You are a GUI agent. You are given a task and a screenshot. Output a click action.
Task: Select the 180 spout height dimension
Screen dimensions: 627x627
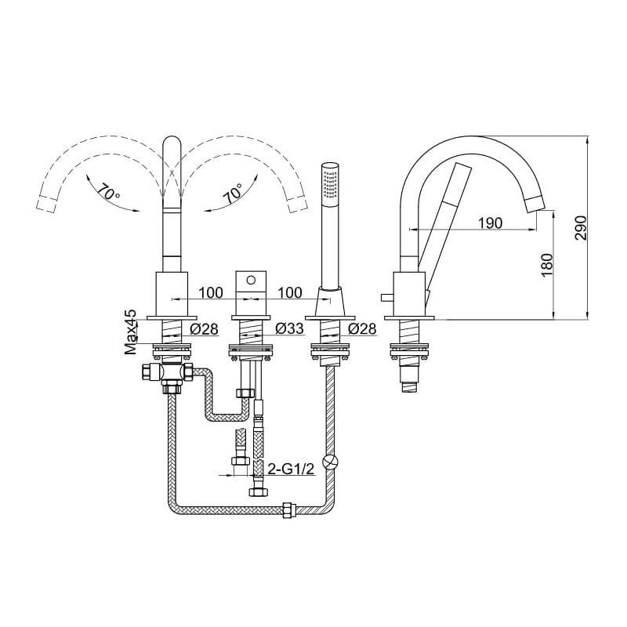click(x=546, y=264)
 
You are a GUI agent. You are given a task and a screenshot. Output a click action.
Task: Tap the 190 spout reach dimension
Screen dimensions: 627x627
click(x=491, y=223)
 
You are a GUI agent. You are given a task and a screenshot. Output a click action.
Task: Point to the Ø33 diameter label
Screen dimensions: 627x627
click(x=290, y=328)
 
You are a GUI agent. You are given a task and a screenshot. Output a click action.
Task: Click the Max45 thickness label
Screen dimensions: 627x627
click(x=131, y=332)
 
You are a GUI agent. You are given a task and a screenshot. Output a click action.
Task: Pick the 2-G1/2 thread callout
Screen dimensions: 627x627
click(x=291, y=469)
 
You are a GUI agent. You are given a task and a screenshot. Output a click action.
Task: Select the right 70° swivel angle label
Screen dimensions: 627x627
click(x=234, y=192)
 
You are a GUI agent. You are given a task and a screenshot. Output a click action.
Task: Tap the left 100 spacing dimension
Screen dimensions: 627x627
click(x=211, y=292)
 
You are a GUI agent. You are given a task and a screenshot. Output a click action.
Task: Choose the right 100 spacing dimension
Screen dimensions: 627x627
click(x=290, y=292)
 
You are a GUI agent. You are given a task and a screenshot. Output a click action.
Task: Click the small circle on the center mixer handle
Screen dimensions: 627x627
click(x=251, y=280)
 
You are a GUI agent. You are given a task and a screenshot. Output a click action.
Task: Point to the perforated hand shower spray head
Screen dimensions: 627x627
click(x=331, y=182)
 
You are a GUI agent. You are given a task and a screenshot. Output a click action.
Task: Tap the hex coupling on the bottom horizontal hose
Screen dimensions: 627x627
click(x=288, y=511)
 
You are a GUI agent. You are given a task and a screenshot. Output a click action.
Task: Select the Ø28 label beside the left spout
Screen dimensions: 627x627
click(x=205, y=328)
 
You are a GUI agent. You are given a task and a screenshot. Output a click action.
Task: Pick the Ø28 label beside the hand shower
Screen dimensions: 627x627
click(x=362, y=328)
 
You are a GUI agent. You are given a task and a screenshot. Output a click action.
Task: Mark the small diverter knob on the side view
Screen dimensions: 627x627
click(x=386, y=299)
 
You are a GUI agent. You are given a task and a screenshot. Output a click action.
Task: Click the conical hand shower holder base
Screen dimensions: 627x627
click(x=331, y=302)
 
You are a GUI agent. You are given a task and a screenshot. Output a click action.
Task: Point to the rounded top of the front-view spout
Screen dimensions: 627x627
click(x=172, y=145)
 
